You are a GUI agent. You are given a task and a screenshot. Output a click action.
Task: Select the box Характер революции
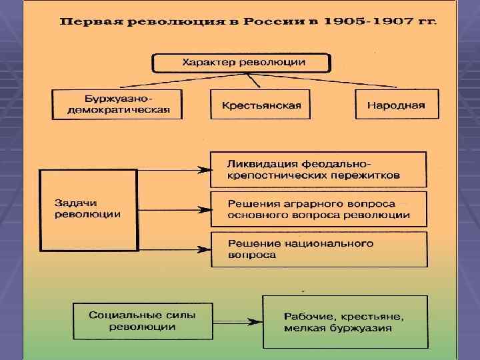click(x=241, y=63)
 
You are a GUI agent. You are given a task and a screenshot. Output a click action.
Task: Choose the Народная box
click(x=396, y=105)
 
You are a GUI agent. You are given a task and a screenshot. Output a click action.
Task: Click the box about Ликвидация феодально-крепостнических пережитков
click(x=318, y=169)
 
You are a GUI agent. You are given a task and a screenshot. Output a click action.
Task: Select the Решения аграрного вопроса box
click(x=318, y=209)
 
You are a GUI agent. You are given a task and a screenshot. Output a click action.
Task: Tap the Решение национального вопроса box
click(x=318, y=249)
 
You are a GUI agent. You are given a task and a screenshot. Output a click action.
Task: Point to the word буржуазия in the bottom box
click(x=363, y=328)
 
